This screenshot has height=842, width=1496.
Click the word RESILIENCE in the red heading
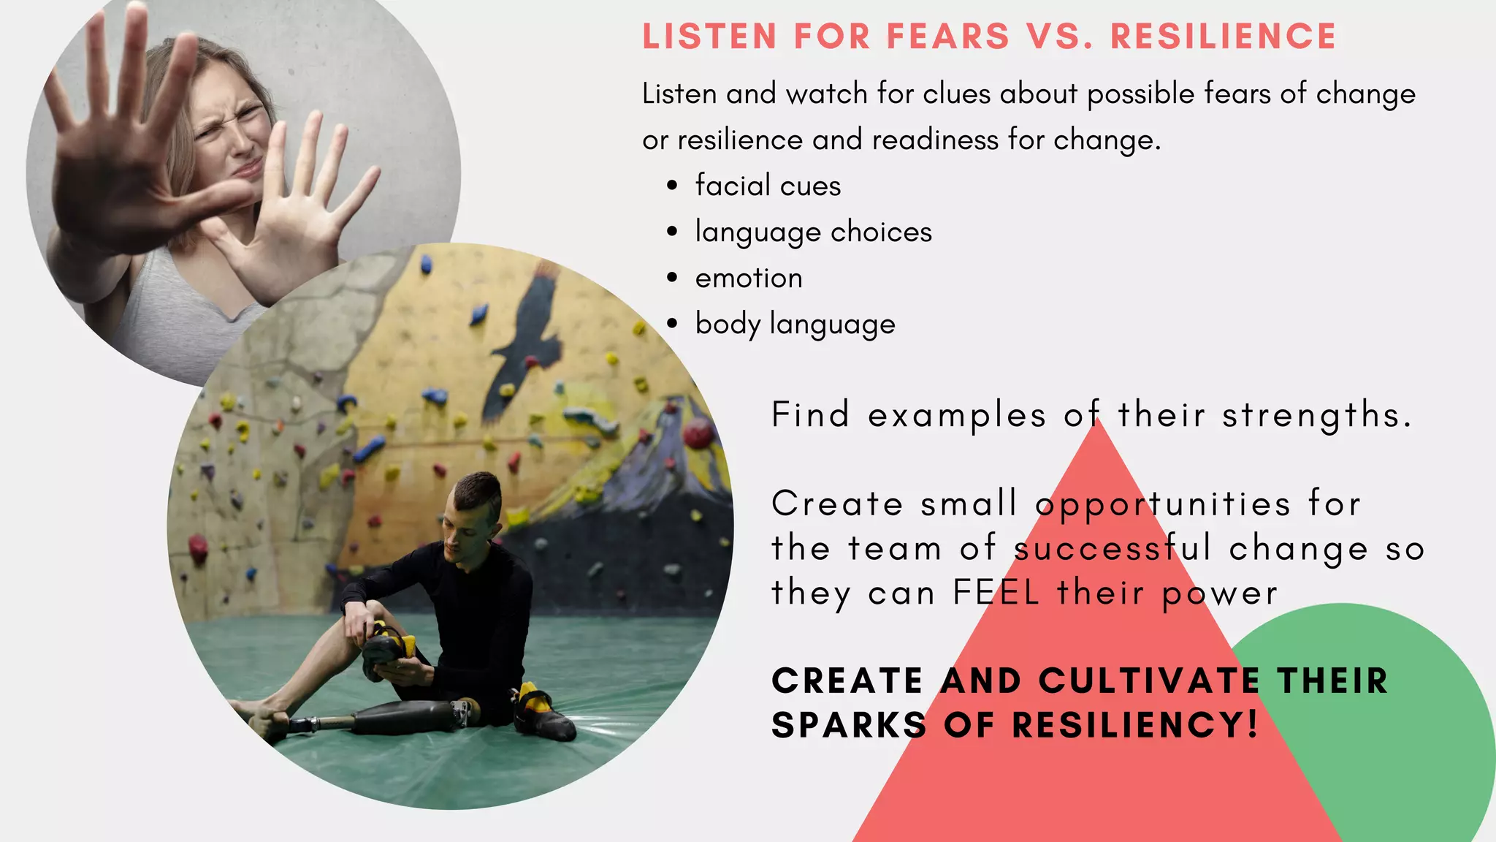click(x=1224, y=37)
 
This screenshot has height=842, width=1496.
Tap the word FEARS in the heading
click(x=947, y=37)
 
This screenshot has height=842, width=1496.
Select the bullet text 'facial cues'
click(x=768, y=186)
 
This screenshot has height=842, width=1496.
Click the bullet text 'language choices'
click(x=813, y=232)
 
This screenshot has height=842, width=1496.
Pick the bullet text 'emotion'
click(x=749, y=278)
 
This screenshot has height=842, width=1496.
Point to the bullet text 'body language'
click(x=795, y=324)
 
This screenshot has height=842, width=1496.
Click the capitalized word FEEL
click(x=996, y=592)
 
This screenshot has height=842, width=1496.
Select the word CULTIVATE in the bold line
click(x=1148, y=680)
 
